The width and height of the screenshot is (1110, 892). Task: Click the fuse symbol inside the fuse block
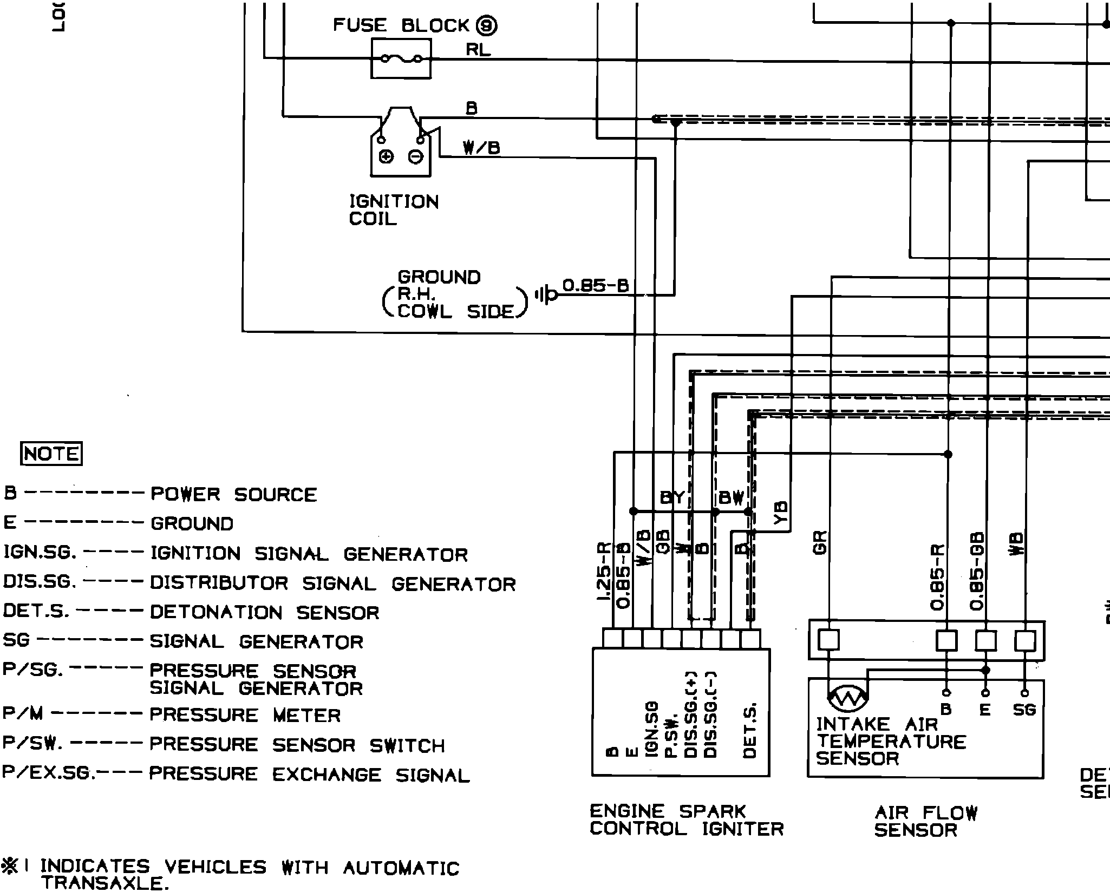[401, 58]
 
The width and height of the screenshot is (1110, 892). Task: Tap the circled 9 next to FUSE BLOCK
[486, 25]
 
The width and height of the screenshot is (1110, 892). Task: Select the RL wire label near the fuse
[478, 50]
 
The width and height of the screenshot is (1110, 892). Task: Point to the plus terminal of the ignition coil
[386, 157]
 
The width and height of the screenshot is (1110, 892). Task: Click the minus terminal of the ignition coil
[416, 157]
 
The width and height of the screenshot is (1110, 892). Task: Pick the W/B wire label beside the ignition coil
[481, 147]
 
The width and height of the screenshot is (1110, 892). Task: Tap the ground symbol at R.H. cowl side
[545, 295]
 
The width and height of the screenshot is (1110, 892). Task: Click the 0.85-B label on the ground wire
[596, 285]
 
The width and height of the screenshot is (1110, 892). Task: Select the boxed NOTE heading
[51, 454]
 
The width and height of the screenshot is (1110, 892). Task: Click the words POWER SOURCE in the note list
[233, 494]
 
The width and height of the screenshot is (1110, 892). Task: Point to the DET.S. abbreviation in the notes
[36, 611]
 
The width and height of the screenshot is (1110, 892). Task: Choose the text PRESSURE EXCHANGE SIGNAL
[309, 775]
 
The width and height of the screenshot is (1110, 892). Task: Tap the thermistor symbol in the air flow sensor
[848, 698]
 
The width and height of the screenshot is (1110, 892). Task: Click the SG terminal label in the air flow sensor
[1024, 710]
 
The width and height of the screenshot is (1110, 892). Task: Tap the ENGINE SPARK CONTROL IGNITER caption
[686, 820]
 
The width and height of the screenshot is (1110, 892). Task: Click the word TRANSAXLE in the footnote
[102, 884]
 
